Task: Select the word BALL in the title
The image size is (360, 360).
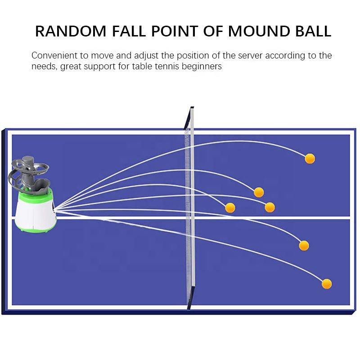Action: [310, 31]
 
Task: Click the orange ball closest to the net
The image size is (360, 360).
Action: [230, 207]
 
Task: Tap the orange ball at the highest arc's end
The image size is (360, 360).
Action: [310, 158]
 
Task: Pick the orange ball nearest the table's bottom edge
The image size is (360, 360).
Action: [327, 283]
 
